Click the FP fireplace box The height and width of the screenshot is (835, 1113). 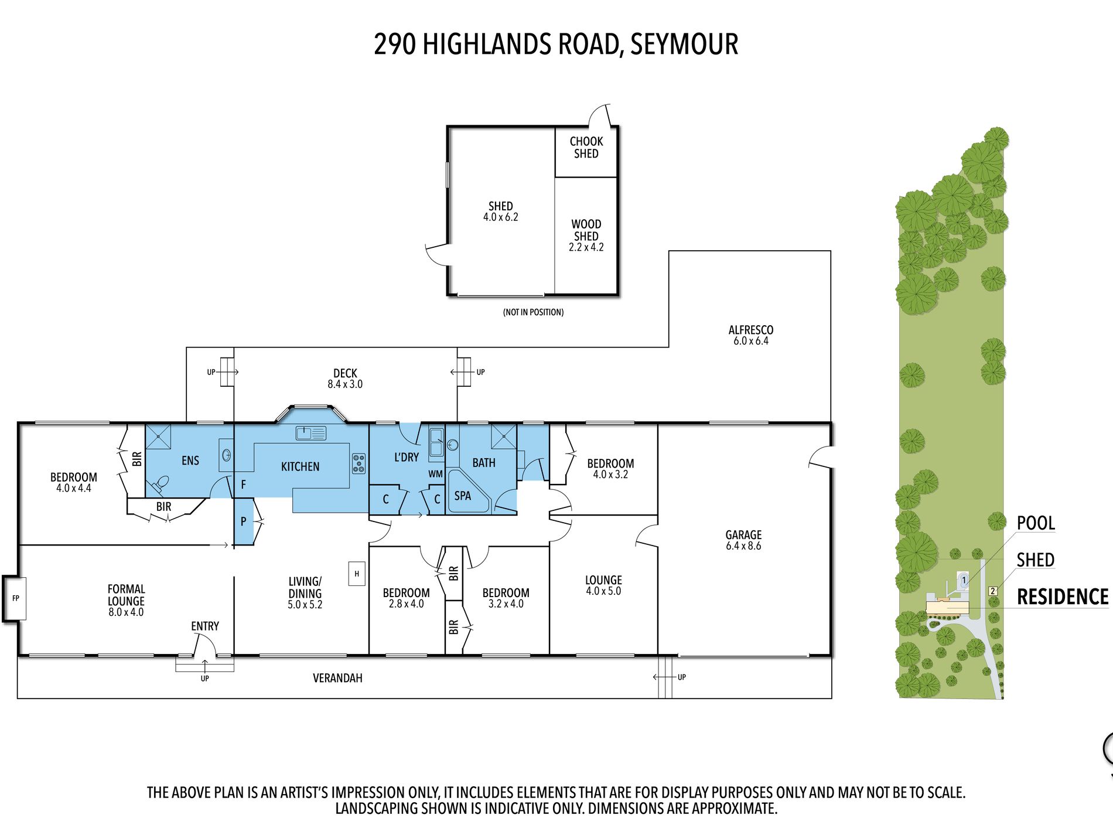click(x=15, y=598)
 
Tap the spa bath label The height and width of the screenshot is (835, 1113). click(x=463, y=496)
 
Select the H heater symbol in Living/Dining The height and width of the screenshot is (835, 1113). click(x=357, y=574)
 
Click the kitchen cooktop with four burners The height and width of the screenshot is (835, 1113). click(x=359, y=463)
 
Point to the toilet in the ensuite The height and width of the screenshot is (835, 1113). click(x=160, y=484)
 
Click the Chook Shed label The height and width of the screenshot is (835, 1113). click(x=586, y=148)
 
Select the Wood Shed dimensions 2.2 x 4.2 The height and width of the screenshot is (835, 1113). click(x=586, y=247)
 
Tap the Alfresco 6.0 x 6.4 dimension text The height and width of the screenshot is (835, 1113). click(x=750, y=341)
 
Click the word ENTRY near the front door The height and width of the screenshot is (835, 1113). click(x=205, y=626)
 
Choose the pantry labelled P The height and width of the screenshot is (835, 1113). click(x=243, y=522)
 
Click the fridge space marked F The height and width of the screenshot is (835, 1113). click(x=243, y=485)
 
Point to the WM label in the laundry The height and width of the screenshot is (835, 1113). click(x=435, y=474)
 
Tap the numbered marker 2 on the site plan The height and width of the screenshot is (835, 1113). click(x=993, y=591)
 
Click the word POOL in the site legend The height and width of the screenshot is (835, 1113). click(x=1036, y=523)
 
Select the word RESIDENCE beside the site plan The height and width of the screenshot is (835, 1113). click(x=1062, y=597)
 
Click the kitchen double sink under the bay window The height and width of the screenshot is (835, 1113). click(x=310, y=434)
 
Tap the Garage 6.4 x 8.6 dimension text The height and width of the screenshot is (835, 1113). click(x=743, y=546)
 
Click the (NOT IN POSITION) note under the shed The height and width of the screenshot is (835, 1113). click(x=533, y=312)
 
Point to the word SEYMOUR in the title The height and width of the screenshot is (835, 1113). click(x=684, y=45)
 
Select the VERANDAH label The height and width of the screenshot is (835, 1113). click(x=337, y=679)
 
